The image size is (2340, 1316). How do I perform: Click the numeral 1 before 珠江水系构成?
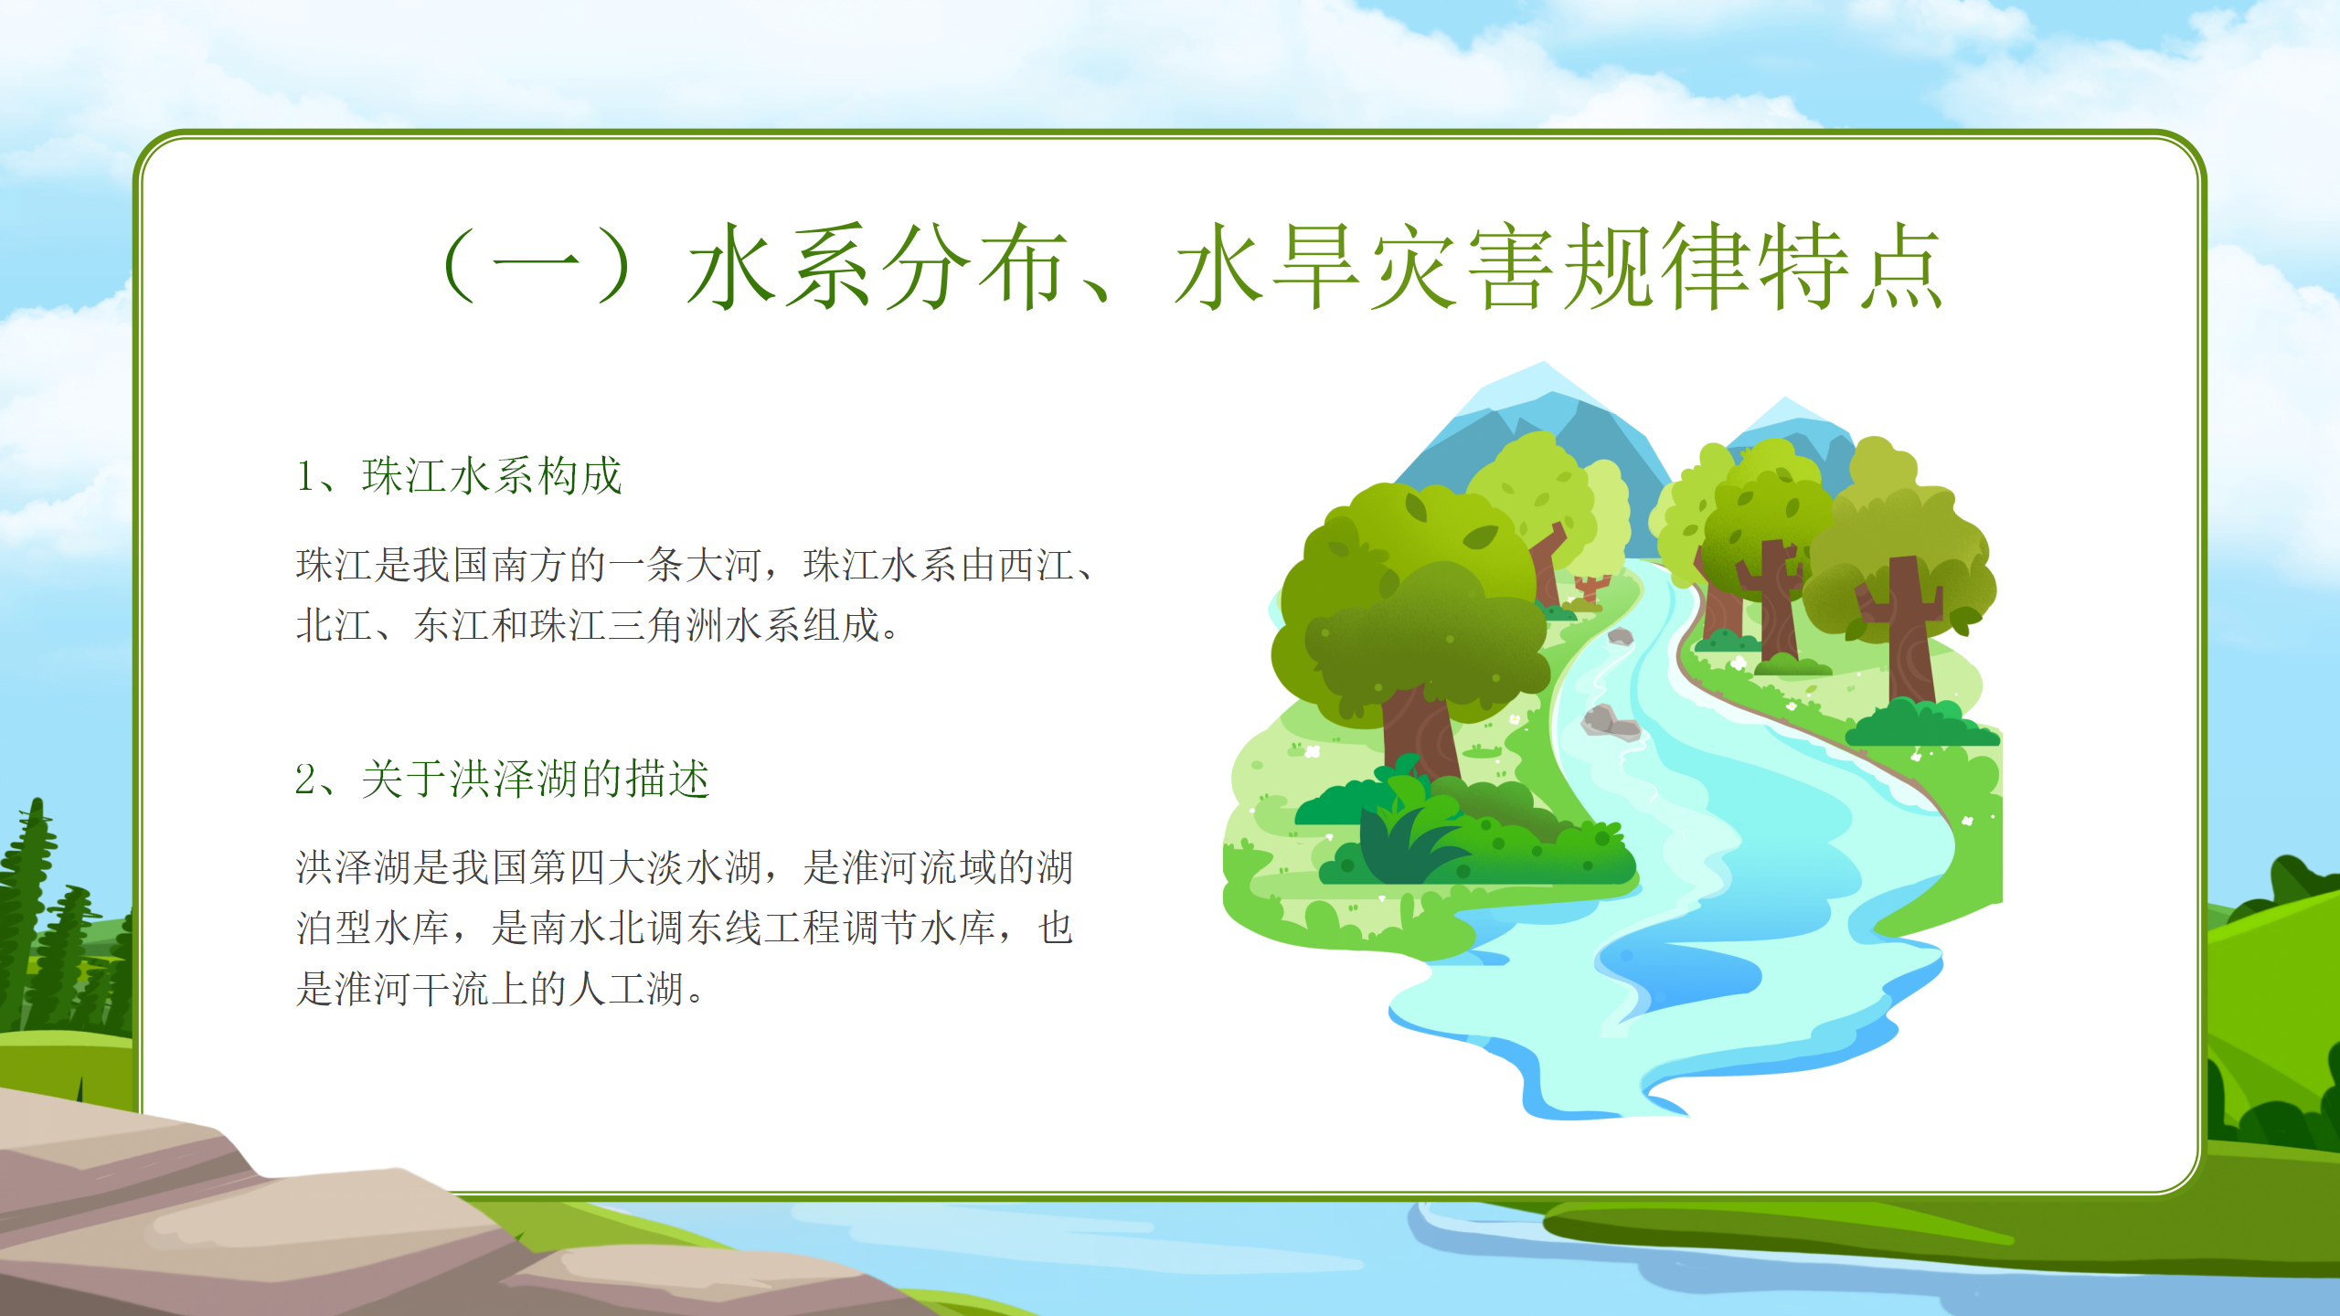304,476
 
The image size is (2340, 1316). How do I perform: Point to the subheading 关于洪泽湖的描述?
536,780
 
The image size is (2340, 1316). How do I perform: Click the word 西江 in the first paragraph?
1036,565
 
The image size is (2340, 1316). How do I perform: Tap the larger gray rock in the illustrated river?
1611,721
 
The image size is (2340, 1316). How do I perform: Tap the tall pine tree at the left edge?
33,914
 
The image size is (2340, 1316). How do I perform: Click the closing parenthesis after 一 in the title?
612,266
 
